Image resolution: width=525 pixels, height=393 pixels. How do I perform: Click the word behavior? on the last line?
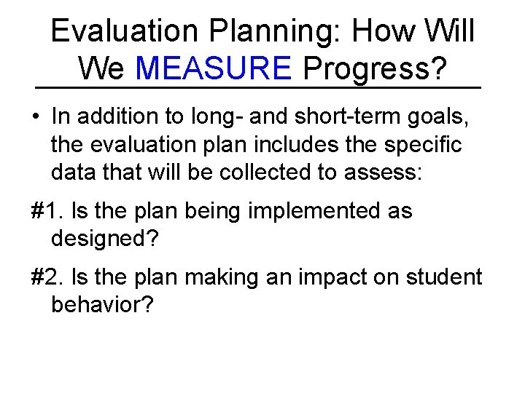103,305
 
